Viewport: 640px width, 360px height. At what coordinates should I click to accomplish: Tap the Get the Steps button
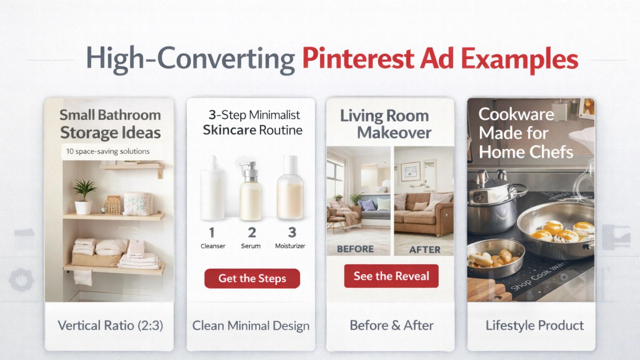point(252,278)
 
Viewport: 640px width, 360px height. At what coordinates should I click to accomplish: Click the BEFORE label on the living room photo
point(355,249)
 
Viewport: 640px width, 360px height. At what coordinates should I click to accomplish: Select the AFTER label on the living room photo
point(424,250)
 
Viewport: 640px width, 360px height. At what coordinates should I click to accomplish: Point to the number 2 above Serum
point(252,232)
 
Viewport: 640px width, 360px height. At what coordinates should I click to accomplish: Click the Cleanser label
point(213,246)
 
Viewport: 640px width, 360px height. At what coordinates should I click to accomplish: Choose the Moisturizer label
point(290,246)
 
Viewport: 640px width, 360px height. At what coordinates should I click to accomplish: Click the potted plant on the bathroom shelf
point(84,196)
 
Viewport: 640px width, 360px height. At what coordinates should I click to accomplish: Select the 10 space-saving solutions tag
point(108,152)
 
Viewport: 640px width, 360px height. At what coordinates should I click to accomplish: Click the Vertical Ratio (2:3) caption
point(110,325)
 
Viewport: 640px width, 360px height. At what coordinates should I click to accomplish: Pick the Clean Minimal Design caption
point(251,326)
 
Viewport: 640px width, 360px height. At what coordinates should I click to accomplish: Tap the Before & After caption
point(391,325)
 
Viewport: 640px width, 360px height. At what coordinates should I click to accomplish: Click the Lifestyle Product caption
point(534,325)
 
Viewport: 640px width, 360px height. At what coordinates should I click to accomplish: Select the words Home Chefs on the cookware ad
point(526,152)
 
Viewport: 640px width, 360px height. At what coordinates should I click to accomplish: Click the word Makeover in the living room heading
point(394,132)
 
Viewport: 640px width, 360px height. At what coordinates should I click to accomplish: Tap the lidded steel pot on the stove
point(492,204)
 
